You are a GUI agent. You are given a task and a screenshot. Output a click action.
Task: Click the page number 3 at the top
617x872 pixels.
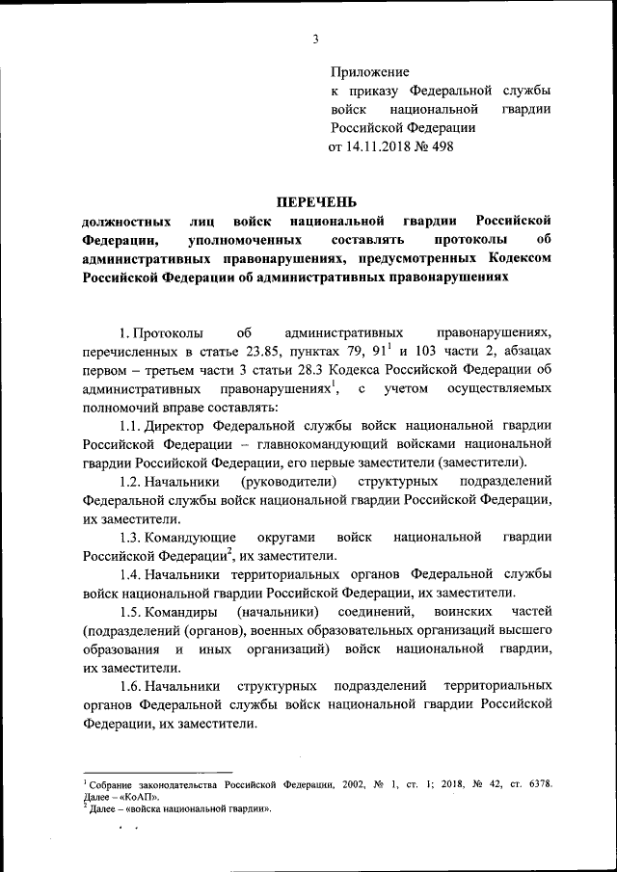(316, 39)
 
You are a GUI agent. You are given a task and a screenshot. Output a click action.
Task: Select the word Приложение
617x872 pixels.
(369, 72)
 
